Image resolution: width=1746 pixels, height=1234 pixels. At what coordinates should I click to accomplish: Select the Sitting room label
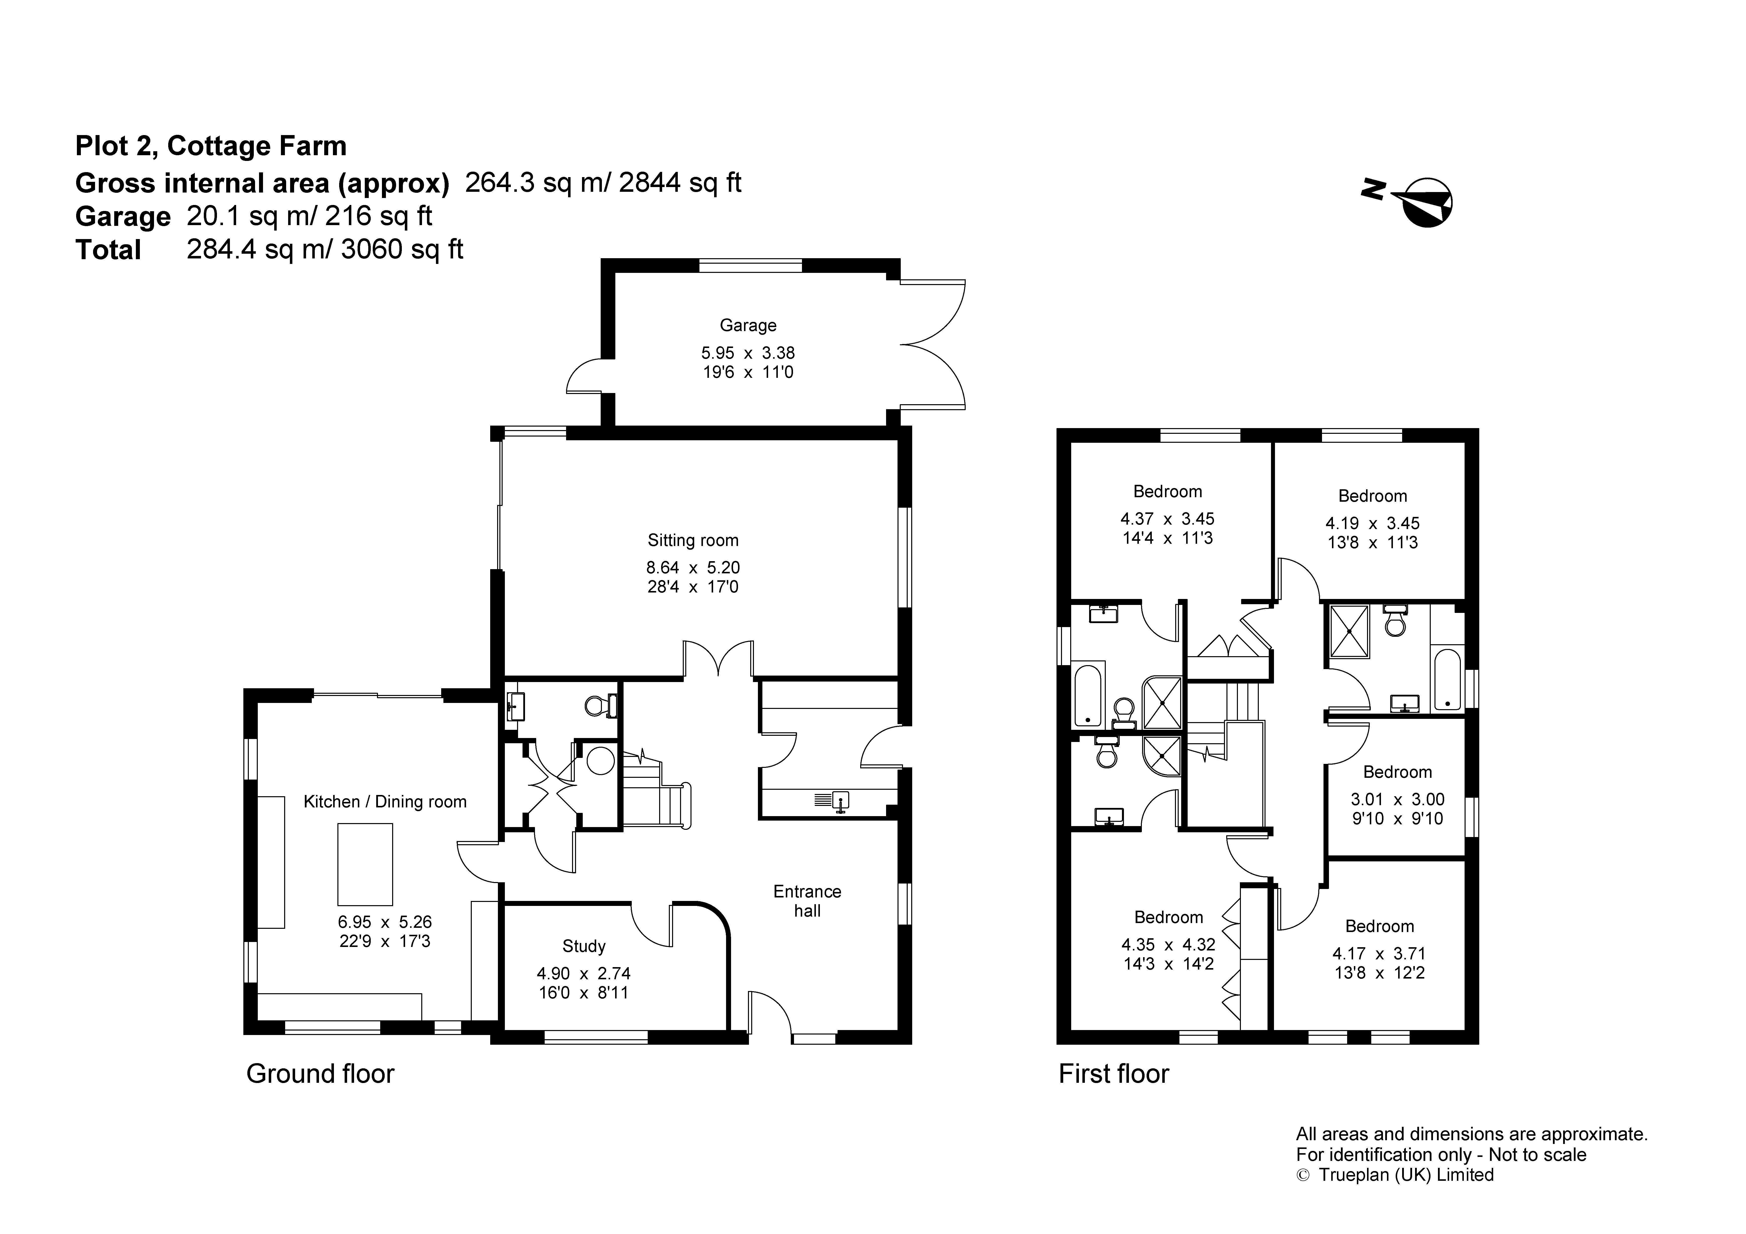coord(693,541)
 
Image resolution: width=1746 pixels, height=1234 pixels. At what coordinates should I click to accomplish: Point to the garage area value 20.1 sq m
coord(245,216)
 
